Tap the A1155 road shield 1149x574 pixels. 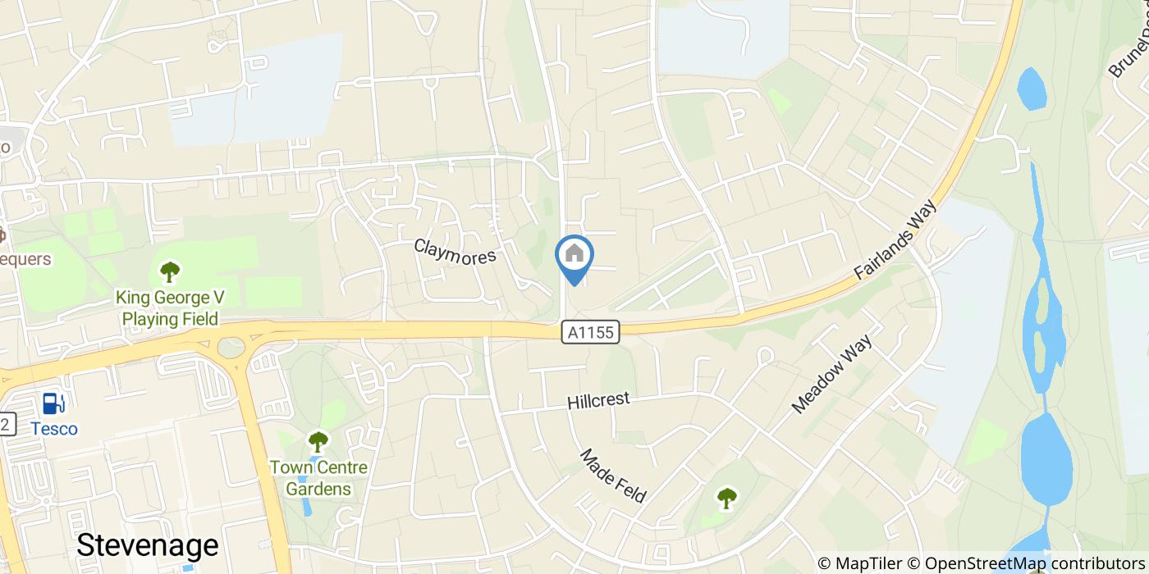[591, 332]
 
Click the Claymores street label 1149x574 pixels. [455, 251]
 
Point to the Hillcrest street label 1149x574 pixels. [598, 401]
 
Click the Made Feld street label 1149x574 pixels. [613, 476]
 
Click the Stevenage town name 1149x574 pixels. [148, 545]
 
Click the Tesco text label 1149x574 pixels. [54, 429]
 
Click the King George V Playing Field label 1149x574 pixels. [170, 307]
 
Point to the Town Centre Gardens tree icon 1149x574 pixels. [318, 442]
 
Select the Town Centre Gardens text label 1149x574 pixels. [318, 478]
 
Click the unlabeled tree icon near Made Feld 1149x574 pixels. [726, 497]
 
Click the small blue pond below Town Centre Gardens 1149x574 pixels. [307, 505]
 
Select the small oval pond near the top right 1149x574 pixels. [1032, 89]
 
